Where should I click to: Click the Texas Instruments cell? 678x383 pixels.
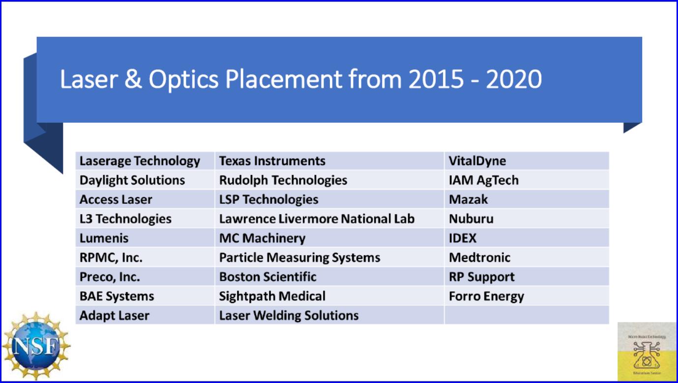click(272, 161)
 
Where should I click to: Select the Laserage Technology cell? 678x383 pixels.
click(140, 161)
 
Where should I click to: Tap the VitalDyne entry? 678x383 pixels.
click(477, 161)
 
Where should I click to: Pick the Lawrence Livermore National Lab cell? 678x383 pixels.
click(317, 219)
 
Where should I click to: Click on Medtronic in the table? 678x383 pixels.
click(479, 258)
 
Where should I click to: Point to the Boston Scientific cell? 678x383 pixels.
click(267, 277)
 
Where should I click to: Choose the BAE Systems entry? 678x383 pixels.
click(117, 297)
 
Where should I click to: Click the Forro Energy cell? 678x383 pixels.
click(486, 297)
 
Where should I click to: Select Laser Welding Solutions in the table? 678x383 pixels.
click(289, 316)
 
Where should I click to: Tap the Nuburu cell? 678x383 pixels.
click(471, 219)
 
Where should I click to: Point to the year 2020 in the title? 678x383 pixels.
click(514, 80)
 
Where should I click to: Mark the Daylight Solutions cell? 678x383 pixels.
click(132, 180)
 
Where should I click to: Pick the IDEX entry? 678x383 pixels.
click(463, 239)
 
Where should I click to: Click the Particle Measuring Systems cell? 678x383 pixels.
click(299, 258)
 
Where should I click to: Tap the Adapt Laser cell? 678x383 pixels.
click(114, 316)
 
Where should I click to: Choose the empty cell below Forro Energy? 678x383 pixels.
click(526, 316)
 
